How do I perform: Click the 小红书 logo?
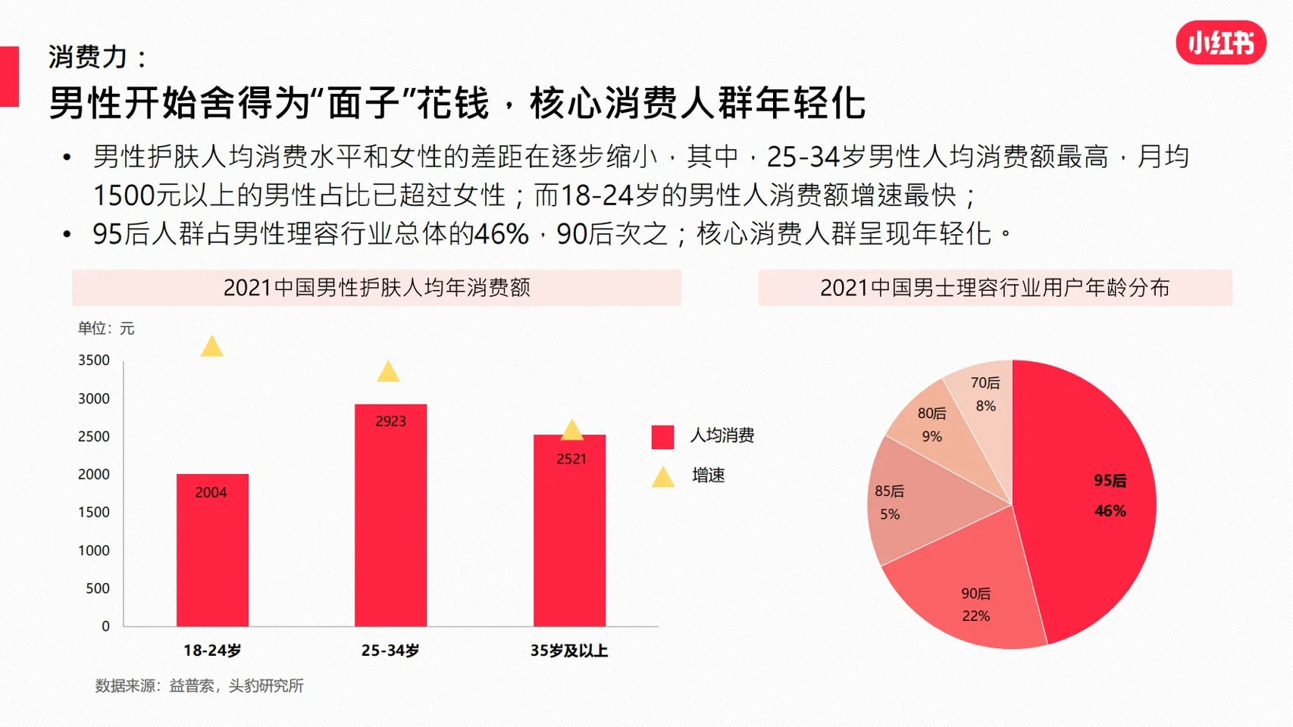1220,43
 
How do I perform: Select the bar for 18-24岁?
212,553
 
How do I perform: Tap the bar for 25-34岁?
390,523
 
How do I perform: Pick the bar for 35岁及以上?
569,538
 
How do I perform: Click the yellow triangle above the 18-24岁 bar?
212,348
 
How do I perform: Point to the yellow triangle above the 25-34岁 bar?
388,373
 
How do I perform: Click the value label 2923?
390,421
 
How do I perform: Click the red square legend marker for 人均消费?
662,437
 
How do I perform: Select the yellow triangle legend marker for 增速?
663,477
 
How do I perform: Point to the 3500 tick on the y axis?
94,360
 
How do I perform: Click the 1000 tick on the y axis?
94,551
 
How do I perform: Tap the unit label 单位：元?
106,329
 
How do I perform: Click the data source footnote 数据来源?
199,686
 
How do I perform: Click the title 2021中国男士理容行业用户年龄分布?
994,288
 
